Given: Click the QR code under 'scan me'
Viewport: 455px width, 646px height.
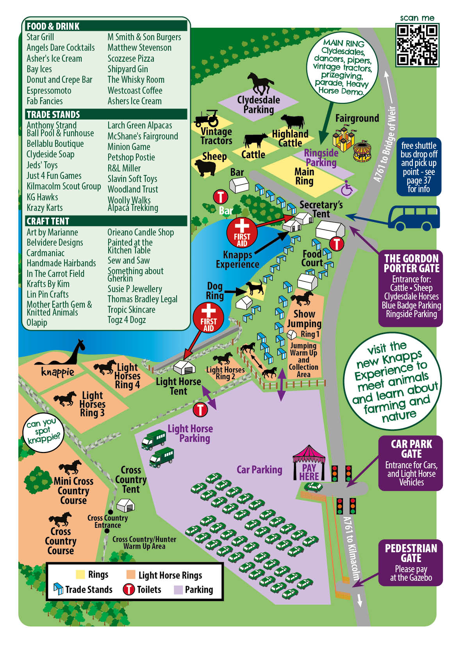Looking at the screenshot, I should coord(417,45).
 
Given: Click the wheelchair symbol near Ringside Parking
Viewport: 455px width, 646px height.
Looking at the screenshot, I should coord(346,189).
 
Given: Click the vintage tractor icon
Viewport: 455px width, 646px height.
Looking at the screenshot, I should coord(207,118).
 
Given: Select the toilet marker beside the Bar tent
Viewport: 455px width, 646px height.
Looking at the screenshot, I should coord(220,196).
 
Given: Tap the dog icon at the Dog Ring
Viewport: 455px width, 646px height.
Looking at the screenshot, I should coord(254,288).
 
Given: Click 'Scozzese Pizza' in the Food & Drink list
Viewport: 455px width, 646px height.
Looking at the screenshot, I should coord(131,59).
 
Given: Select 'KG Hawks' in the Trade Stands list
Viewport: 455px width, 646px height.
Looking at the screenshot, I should coord(42,197).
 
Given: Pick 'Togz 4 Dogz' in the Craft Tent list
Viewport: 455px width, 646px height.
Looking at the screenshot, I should coord(127,320).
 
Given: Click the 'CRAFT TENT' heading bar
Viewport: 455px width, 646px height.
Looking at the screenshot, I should coord(106,221).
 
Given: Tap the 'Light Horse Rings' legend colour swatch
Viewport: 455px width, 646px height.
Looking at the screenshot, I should coord(130,575).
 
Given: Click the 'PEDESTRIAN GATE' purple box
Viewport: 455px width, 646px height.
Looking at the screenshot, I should coord(410,562).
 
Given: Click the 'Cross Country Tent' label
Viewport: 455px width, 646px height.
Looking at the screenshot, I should coord(130,479).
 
